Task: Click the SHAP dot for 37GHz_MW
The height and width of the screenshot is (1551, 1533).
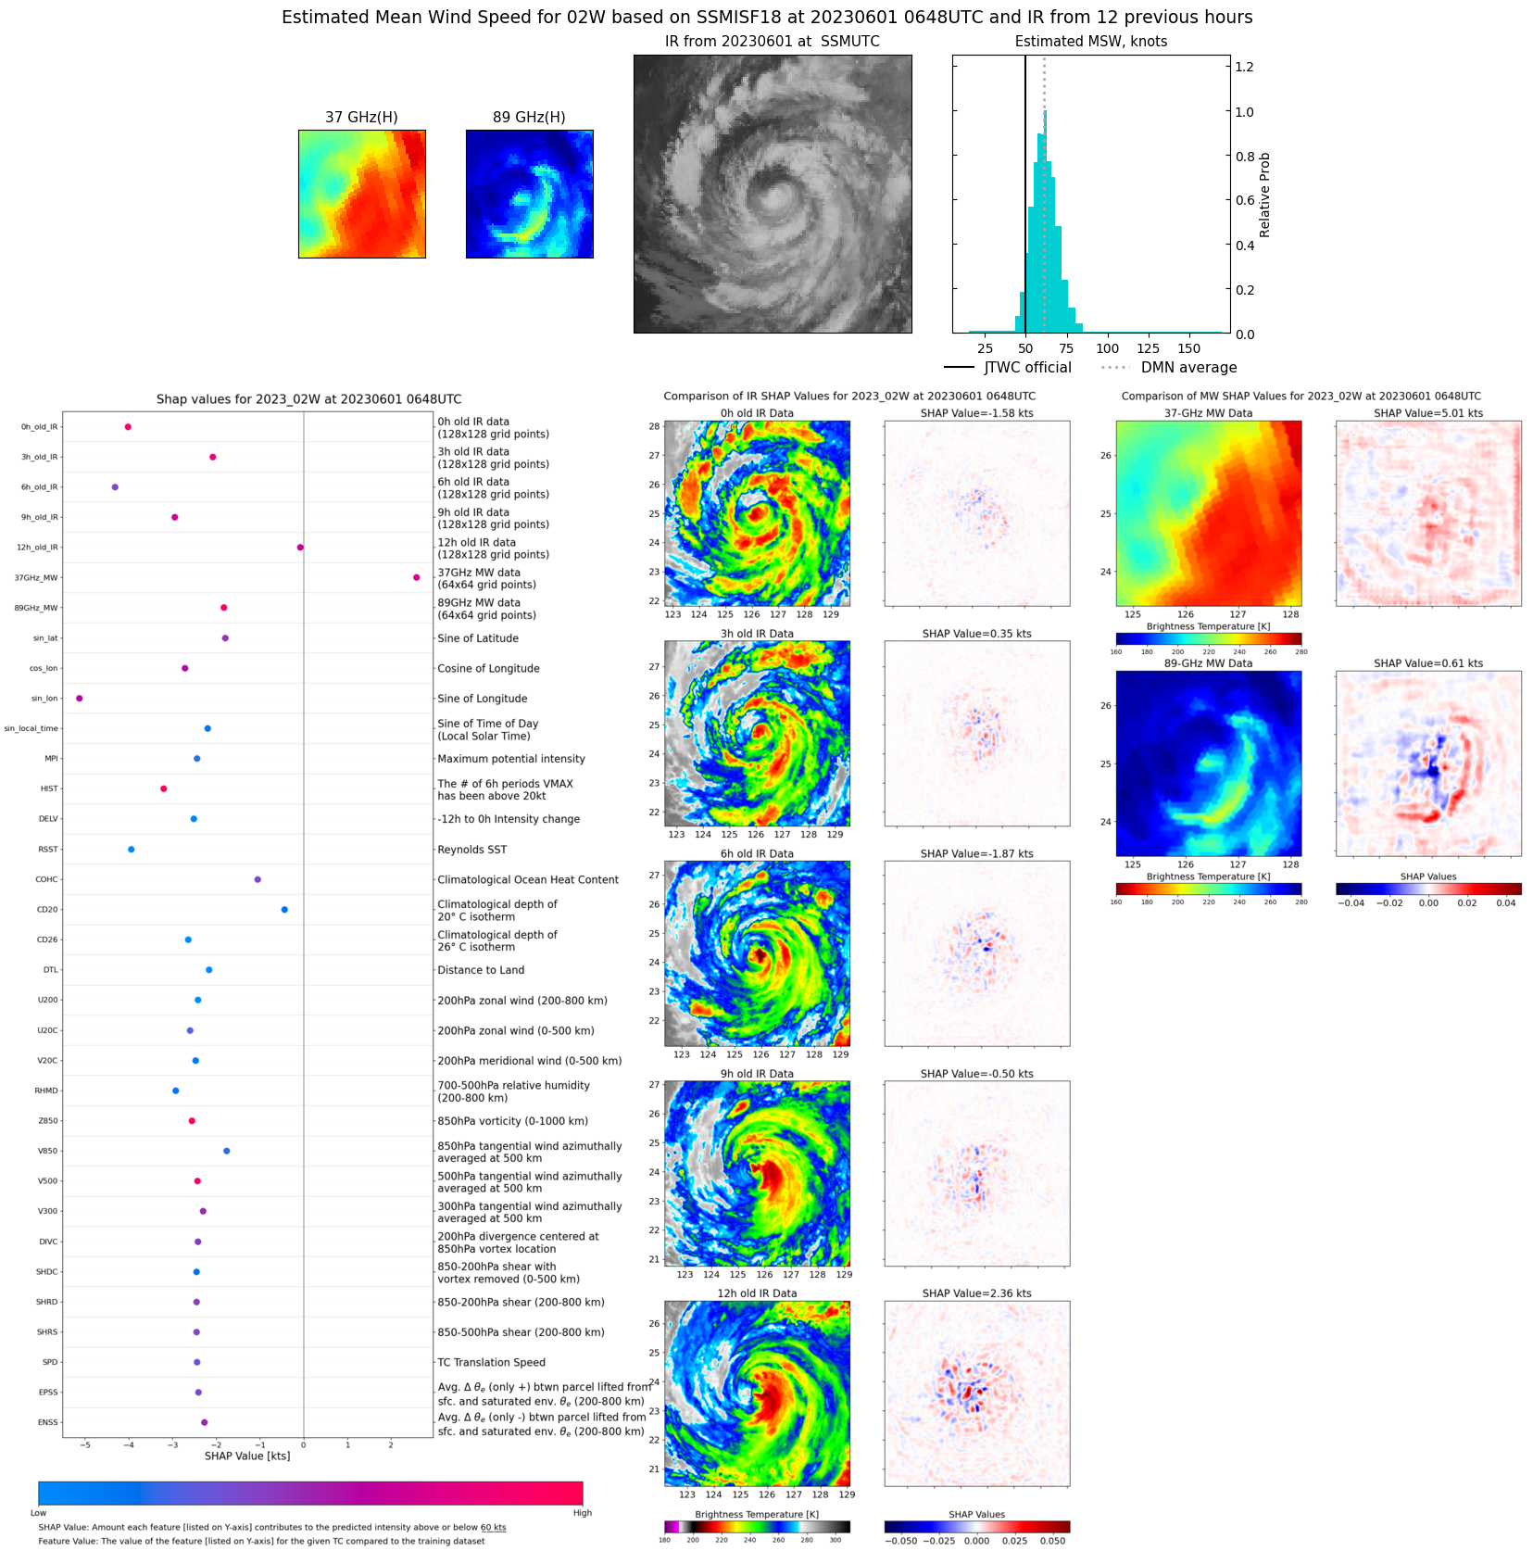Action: [x=416, y=577]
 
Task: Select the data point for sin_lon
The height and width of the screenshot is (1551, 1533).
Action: [x=79, y=698]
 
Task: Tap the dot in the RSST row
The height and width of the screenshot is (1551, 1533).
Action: [x=131, y=849]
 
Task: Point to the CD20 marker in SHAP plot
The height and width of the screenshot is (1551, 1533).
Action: [x=284, y=909]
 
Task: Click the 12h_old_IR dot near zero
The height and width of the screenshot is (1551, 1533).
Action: [x=300, y=547]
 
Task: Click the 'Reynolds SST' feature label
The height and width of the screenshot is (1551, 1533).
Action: [x=471, y=850]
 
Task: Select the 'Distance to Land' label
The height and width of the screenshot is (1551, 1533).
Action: [x=481, y=970]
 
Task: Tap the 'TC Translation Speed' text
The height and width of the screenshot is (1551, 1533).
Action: [x=491, y=1362]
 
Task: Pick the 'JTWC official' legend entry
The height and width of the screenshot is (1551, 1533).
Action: [x=1026, y=367]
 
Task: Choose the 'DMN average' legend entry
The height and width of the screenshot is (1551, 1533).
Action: [x=1188, y=367]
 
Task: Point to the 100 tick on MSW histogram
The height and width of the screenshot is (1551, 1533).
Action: [x=1107, y=348]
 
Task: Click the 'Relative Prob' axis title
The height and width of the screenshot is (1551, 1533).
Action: [x=1264, y=195]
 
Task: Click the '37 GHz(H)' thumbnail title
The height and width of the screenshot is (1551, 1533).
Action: [x=361, y=117]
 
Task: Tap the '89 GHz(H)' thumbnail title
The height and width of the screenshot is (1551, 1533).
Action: [x=529, y=117]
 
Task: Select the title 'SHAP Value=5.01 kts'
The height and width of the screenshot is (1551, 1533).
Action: [x=1427, y=413]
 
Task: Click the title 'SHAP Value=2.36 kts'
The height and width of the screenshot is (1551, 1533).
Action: [x=976, y=1293]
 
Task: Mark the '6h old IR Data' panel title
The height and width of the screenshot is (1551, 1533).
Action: [x=757, y=853]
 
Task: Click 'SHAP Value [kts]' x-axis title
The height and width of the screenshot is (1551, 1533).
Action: [x=247, y=1456]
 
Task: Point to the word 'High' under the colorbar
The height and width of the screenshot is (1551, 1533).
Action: [x=582, y=1513]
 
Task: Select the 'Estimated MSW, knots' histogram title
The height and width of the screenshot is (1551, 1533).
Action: [x=1090, y=41]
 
